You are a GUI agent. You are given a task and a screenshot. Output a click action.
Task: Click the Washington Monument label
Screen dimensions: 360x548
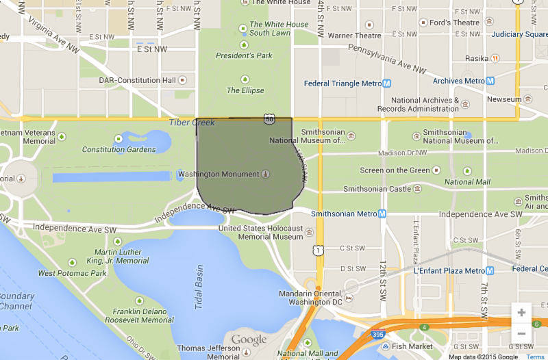[218, 175]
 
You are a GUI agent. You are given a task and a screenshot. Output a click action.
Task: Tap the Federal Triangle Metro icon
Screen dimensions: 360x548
[386, 83]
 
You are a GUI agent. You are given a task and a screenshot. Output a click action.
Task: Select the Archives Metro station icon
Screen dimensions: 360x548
[489, 81]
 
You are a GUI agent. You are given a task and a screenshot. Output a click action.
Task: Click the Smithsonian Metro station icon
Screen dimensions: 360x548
[382, 214]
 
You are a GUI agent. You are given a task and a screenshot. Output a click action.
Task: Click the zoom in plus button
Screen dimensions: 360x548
[521, 313]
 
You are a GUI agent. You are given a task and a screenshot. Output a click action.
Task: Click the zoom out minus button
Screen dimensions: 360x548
[521, 333]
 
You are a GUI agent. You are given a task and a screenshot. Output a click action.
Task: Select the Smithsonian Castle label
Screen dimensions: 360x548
[377, 189]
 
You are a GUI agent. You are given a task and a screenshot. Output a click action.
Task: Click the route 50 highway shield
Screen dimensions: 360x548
[269, 120]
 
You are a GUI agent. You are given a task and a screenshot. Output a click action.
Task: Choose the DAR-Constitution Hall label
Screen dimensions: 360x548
[137, 80]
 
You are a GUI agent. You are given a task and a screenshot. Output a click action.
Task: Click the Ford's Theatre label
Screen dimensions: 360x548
[454, 23]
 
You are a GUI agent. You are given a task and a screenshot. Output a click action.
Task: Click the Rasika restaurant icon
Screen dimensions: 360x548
[494, 58]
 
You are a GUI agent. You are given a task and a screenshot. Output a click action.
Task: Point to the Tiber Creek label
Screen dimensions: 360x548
[192, 123]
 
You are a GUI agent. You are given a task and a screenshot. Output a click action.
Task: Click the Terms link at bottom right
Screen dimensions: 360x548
[535, 357]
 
